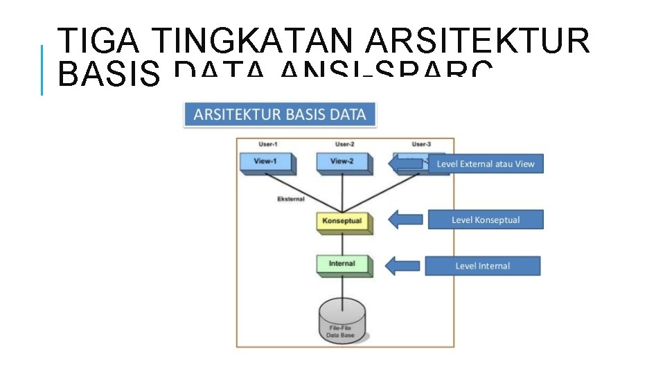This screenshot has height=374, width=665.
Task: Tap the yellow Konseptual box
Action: [x=342, y=222]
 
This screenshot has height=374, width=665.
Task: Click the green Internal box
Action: [x=343, y=265]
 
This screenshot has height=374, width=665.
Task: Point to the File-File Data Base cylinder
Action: [x=343, y=321]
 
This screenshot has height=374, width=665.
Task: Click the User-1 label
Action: [x=268, y=144]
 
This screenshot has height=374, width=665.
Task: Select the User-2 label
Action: [x=344, y=144]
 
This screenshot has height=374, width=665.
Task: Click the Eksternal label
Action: [x=290, y=199]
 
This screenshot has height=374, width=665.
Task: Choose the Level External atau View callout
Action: [x=486, y=164]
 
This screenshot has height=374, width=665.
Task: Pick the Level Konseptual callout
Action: [x=485, y=220]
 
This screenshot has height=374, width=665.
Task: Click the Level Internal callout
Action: [x=482, y=266]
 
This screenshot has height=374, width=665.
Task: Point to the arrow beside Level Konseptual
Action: [x=405, y=220]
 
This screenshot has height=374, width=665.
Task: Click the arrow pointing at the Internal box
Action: [x=402, y=266]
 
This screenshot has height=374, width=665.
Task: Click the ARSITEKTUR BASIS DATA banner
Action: [x=280, y=115]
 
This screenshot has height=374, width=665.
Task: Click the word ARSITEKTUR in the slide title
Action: [x=477, y=42]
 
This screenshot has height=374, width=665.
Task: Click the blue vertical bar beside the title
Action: [x=42, y=69]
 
